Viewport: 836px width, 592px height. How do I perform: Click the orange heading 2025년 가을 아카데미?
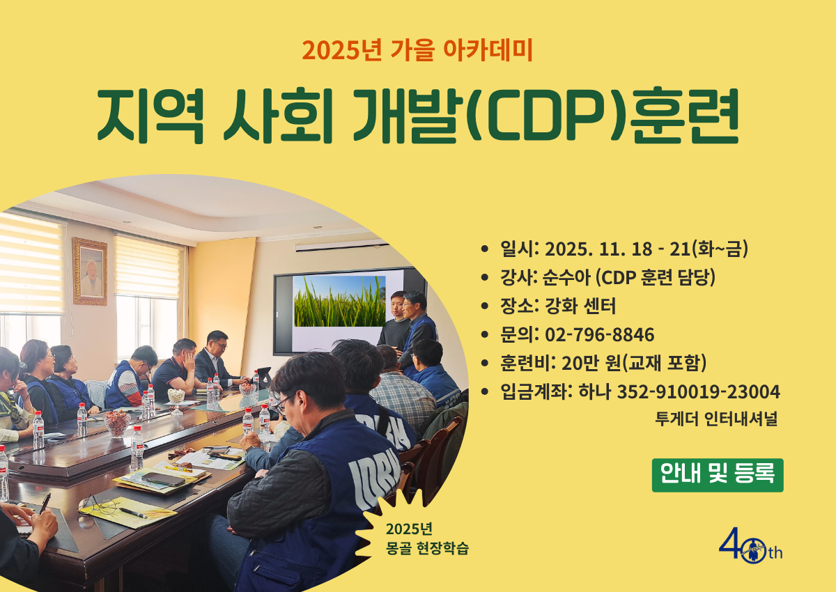tap(417, 50)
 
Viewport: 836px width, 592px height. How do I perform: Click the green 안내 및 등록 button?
tap(718, 475)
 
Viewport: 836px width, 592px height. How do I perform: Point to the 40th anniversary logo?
tap(750, 545)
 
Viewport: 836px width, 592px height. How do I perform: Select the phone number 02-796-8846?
tap(599, 334)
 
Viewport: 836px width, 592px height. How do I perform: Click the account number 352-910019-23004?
tap(698, 391)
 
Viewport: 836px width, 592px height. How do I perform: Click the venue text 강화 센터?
tap(580, 306)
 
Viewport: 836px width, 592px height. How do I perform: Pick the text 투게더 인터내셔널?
tap(717, 419)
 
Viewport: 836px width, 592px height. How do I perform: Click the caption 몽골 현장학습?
tap(427, 548)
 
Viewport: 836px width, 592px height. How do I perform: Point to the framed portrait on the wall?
tap(90, 271)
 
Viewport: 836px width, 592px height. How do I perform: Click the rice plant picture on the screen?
tap(340, 301)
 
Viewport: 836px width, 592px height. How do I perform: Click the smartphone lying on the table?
tap(164, 478)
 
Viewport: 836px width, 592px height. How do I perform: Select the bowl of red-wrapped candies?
tap(117, 423)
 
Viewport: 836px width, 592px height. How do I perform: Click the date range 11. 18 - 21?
tap(644, 249)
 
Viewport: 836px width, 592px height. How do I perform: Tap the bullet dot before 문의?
tap(485, 334)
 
